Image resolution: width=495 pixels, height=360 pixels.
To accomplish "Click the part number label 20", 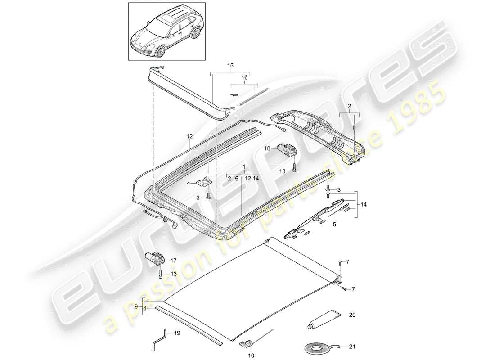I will coord(352,315).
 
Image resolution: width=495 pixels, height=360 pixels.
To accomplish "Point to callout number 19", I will coord(177,333).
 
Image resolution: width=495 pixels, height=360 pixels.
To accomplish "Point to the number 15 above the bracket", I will coord(230,66).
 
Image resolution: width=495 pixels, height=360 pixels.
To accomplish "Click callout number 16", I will coord(245,78).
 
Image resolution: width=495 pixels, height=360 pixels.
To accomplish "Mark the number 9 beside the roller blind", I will coord(136,306).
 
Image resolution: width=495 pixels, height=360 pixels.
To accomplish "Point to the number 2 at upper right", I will coord(348,106).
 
